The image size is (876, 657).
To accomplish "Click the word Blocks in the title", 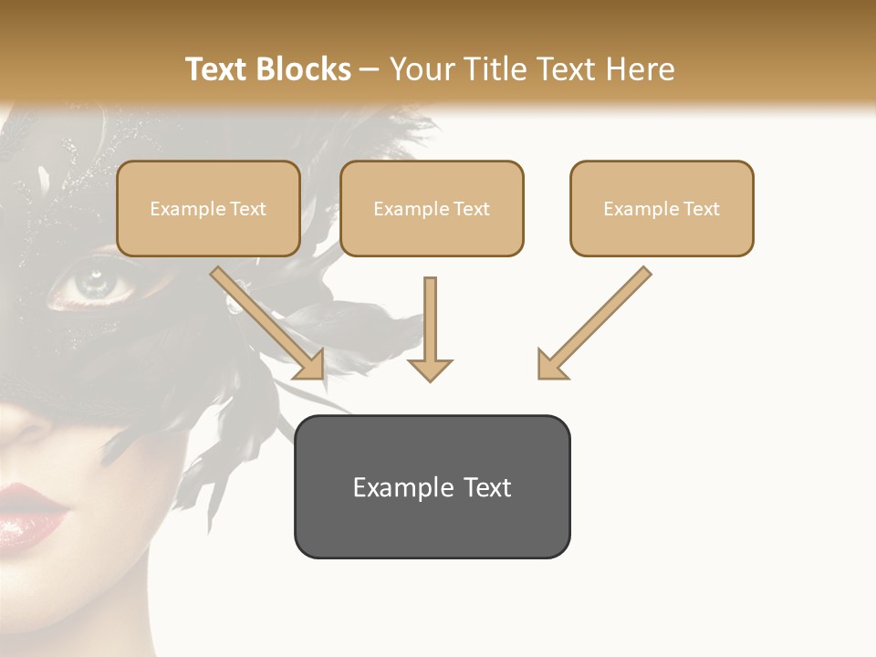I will (x=304, y=69).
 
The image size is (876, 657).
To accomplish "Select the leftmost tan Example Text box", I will (x=208, y=208).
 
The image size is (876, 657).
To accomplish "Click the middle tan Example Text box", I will (x=432, y=208).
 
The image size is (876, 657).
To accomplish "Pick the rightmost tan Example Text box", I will (x=662, y=208).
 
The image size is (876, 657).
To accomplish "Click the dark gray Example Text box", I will (x=432, y=486).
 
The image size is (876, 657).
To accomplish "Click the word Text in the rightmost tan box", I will (x=701, y=208).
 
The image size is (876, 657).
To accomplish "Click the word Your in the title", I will (x=422, y=69).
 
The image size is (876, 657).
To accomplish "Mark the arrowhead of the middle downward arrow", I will (x=430, y=369).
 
